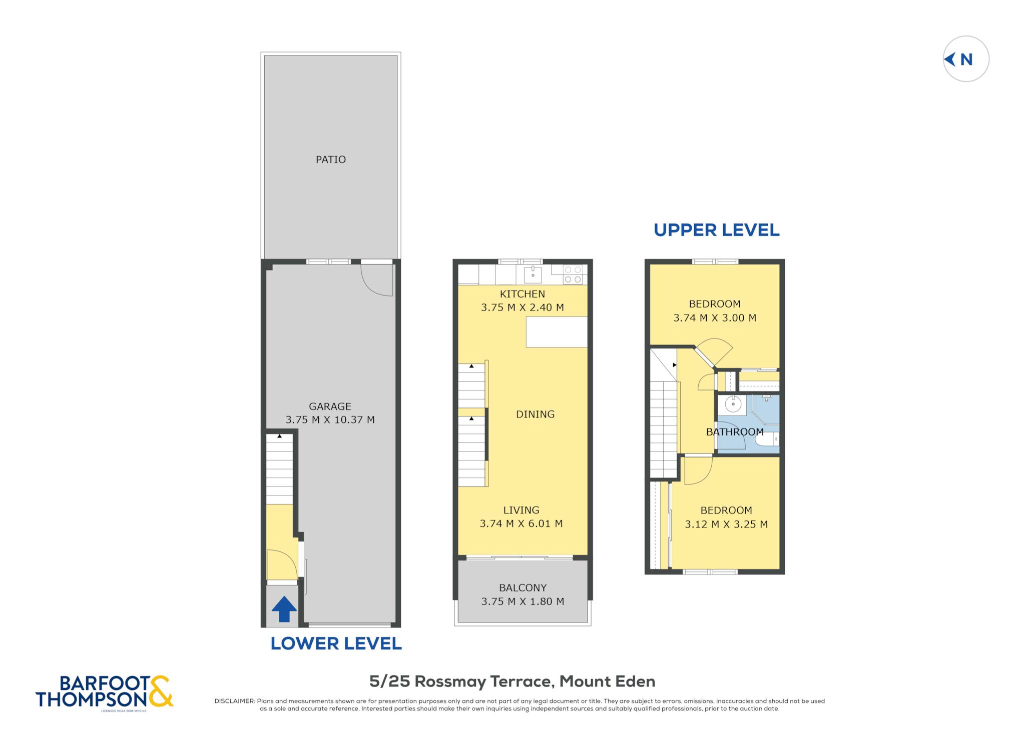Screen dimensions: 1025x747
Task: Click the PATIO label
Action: [x=330, y=159]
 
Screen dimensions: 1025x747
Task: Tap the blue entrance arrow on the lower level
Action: [x=284, y=609]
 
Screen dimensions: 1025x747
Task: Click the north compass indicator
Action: [x=965, y=59]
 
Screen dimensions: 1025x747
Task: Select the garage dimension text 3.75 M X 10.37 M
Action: [x=330, y=420]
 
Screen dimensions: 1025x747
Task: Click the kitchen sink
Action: [x=533, y=274]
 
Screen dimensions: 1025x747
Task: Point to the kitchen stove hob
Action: [x=573, y=274]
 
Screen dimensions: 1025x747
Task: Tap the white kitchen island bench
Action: [x=557, y=331]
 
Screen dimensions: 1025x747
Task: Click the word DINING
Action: [x=535, y=414]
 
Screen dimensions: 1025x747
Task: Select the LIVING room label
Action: [x=521, y=510]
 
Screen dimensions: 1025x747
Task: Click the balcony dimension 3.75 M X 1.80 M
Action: [x=523, y=601]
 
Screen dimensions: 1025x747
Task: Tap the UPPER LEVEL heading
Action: [x=716, y=230]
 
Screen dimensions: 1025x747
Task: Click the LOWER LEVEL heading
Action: [x=336, y=643]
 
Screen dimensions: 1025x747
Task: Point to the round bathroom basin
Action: [x=733, y=404]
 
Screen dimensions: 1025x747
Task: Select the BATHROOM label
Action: [x=735, y=432]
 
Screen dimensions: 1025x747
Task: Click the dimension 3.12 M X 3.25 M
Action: [x=726, y=524]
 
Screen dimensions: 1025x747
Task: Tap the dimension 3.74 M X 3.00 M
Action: [x=715, y=318]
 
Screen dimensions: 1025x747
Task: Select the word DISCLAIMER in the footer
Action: [x=234, y=701]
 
